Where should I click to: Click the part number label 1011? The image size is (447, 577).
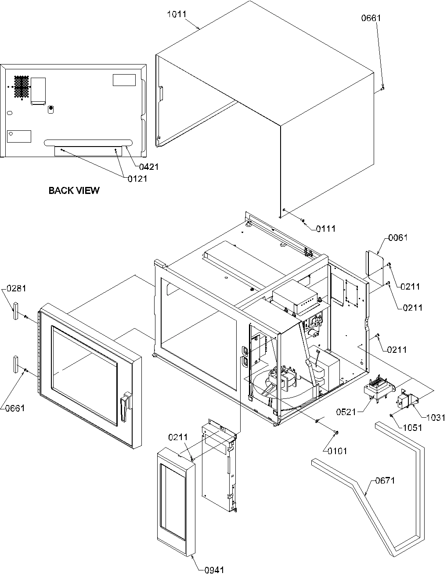coord(177,14)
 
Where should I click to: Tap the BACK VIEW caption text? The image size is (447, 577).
coord(74,190)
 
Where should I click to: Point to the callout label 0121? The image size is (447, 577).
coord(137,179)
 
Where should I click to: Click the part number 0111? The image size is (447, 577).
coord(325,229)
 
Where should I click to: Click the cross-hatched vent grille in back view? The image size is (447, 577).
coord(21,86)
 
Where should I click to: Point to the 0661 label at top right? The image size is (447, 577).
coord(371,18)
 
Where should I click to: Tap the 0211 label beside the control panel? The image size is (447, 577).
coord(178,437)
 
